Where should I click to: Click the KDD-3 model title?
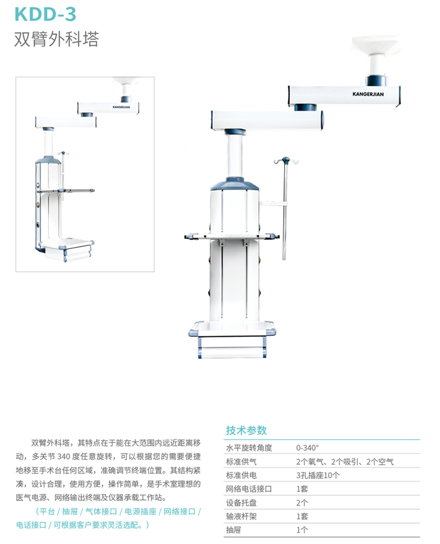[45, 13]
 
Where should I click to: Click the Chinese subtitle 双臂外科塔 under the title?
[56, 39]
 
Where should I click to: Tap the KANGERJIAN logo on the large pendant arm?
[368, 94]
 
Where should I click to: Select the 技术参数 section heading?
[246, 430]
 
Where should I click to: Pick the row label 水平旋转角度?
[249, 447]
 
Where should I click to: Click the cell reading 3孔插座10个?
[318, 475]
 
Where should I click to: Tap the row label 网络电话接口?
[249, 489]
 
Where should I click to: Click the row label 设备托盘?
[241, 503]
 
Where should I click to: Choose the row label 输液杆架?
[241, 516]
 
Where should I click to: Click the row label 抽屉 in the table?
[233, 530]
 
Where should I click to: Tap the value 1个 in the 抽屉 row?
[302, 530]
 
